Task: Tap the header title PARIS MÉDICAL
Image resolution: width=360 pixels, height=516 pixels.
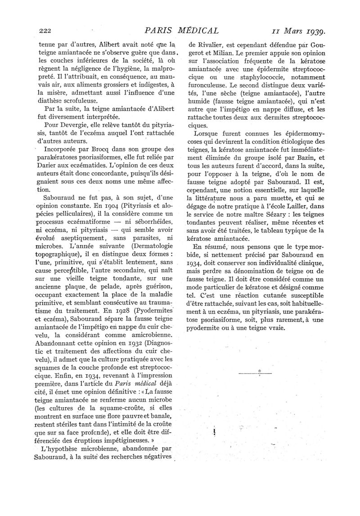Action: [x=180, y=31]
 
